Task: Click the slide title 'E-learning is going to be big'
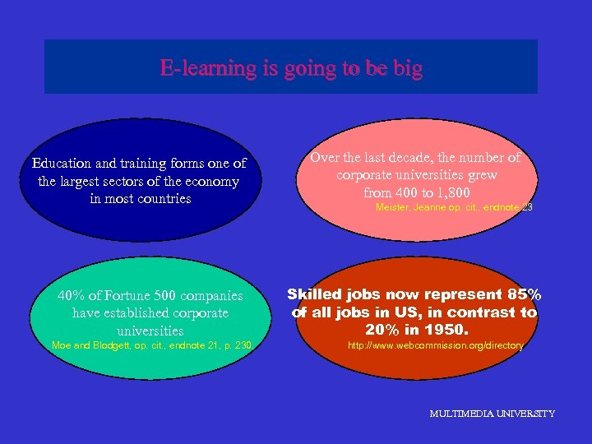(291, 68)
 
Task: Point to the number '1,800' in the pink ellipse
(451, 192)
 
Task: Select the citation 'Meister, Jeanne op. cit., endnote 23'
(454, 208)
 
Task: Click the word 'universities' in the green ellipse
(150, 331)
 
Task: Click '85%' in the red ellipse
(522, 294)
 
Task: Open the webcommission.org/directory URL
(435, 345)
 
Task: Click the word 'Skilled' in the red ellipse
(316, 294)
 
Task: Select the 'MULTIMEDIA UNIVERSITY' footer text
(492, 414)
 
